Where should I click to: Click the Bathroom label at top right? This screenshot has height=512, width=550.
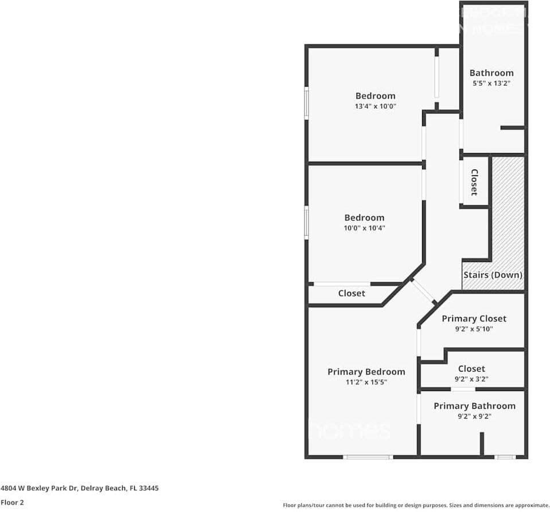click(x=491, y=73)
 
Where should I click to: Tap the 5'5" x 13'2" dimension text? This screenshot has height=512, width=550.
click(x=491, y=83)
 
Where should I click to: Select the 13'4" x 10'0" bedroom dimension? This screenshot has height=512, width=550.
click(x=376, y=106)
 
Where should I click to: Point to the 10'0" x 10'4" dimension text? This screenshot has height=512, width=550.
click(x=364, y=228)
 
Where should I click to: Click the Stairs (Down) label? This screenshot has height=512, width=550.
click(x=493, y=275)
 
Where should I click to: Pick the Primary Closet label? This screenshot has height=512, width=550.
click(x=474, y=318)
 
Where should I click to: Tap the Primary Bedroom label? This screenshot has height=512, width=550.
click(x=366, y=372)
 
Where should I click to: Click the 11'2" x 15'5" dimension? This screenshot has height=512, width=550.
click(x=366, y=382)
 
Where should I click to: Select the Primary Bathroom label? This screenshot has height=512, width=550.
click(x=474, y=406)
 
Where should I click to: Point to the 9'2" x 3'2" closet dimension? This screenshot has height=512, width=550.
click(x=471, y=379)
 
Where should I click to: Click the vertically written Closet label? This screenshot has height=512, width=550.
click(x=474, y=182)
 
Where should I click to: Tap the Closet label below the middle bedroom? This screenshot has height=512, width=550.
click(x=351, y=293)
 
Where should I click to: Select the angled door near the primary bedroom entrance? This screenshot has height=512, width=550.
click(x=424, y=291)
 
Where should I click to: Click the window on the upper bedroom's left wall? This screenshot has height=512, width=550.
click(x=306, y=103)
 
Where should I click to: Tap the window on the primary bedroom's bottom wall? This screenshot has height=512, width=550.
click(x=368, y=457)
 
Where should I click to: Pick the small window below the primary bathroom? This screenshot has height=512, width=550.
click(x=505, y=457)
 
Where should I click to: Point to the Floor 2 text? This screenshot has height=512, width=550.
click(x=12, y=502)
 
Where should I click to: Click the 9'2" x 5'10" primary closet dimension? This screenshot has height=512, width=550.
click(x=474, y=329)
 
